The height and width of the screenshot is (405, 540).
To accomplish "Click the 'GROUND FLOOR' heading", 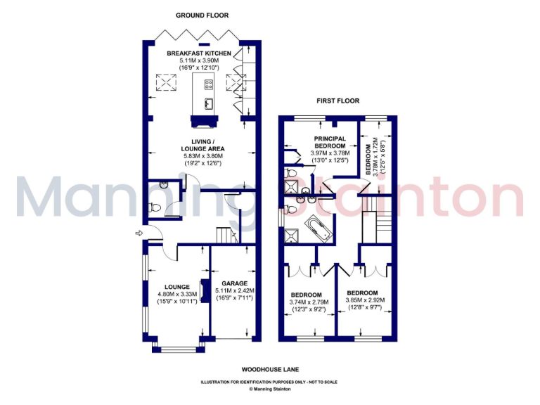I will click(202, 15).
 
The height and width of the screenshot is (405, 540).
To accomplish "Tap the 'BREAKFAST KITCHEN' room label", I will click(198, 53).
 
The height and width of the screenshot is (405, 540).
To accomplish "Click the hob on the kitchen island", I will click(209, 85).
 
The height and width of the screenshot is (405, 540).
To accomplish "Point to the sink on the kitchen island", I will click(209, 104).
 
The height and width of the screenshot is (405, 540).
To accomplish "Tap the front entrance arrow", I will click(139, 233).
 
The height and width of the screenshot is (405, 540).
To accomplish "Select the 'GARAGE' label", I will click(235, 283).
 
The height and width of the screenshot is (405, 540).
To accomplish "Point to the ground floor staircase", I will click(224, 234).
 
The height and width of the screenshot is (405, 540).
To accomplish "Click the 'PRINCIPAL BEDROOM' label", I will click(330, 141).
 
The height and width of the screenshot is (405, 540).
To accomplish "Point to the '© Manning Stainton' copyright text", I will click(269, 388).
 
